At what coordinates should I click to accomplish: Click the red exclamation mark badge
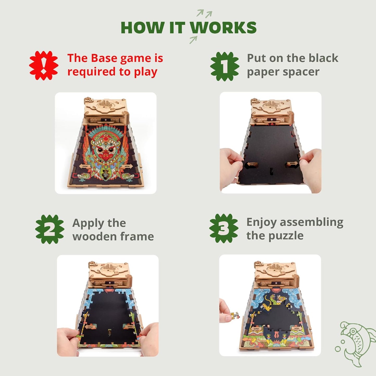[x=44, y=66]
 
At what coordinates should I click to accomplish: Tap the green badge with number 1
[x=225, y=66]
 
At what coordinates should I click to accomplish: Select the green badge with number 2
[x=49, y=229]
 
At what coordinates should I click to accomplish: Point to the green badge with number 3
[x=224, y=228]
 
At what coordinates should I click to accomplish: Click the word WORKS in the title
[x=223, y=28]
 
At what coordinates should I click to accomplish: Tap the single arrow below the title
[x=193, y=40]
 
